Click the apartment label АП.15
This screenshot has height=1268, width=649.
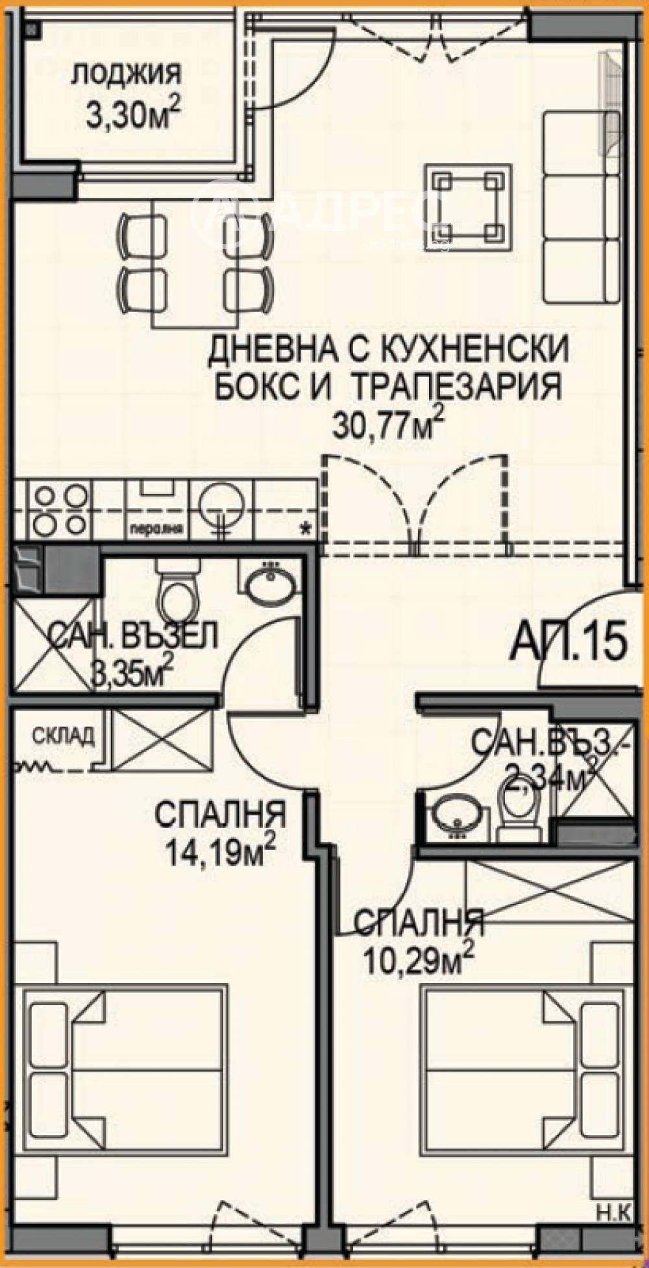click(x=569, y=640)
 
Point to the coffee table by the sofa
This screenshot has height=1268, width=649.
click(x=469, y=207)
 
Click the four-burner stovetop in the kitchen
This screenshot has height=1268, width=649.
click(x=61, y=509)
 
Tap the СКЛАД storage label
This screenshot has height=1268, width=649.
click(x=64, y=736)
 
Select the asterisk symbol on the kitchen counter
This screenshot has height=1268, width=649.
click(x=304, y=528)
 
